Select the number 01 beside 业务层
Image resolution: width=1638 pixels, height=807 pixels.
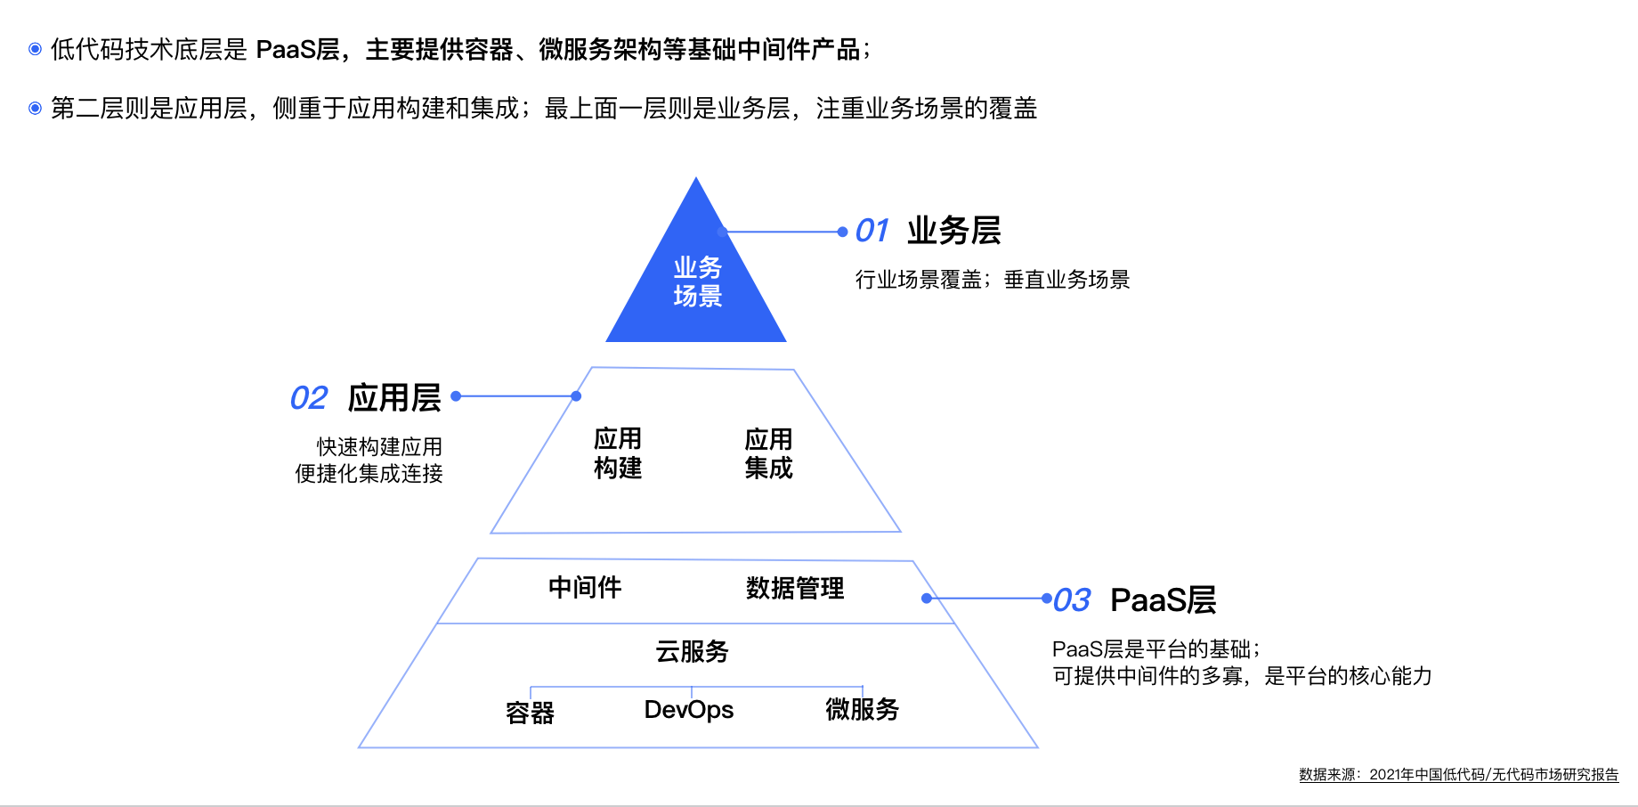[872, 231]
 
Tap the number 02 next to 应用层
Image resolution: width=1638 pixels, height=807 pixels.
[309, 398]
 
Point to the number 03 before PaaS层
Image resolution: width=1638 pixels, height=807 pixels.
[1072, 600]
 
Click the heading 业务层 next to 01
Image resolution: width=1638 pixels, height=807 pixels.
[954, 231]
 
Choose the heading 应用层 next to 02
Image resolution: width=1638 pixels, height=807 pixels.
[394, 397]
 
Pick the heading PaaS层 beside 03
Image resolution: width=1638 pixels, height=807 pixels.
[1164, 599]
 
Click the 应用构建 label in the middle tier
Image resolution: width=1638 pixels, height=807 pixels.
[618, 453]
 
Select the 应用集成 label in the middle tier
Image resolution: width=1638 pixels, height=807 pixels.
[768, 453]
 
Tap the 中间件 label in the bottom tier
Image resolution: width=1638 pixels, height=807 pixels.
[585, 587]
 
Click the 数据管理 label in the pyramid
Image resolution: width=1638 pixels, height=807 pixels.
[795, 588]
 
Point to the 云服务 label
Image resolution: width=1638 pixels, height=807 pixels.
[692, 651]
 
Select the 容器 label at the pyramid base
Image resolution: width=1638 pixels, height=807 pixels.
[530, 713]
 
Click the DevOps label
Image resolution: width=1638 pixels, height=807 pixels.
[689, 710]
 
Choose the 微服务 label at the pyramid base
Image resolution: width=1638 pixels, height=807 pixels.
[862, 709]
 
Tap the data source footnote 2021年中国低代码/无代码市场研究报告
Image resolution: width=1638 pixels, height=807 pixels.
[1494, 775]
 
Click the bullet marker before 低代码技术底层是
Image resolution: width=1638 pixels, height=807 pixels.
[36, 49]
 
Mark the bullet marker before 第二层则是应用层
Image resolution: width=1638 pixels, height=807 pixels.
[36, 108]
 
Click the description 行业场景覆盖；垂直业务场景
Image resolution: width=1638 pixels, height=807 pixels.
[993, 280]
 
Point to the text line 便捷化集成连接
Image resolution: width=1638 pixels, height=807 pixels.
[369, 473]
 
